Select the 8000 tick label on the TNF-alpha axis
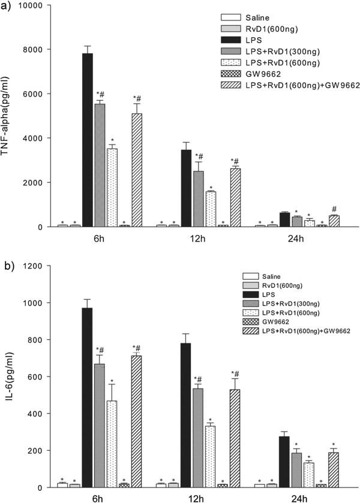coord(39,49)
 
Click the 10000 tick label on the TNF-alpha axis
coord(37,5)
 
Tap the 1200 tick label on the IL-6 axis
coord(39,266)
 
